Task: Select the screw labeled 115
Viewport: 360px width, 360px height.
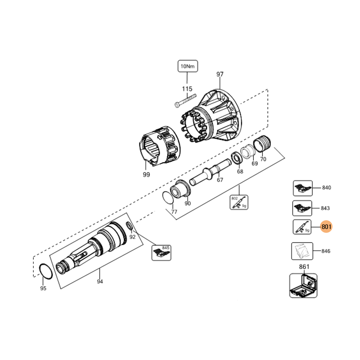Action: [x=185, y=99]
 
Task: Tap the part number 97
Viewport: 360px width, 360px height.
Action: [x=220, y=74]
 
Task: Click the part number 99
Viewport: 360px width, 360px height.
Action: [x=146, y=174]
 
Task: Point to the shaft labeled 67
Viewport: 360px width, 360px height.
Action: [x=211, y=173]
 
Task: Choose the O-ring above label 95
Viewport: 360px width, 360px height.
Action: [x=45, y=271]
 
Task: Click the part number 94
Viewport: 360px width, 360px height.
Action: [x=100, y=282]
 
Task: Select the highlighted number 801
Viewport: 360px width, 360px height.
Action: [x=326, y=227]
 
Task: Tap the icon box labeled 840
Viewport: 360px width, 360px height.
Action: [x=301, y=188]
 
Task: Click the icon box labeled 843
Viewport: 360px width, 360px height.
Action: [x=301, y=208]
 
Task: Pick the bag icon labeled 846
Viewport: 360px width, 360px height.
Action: [x=301, y=251]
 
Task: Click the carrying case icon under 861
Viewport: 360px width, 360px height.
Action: [x=303, y=286]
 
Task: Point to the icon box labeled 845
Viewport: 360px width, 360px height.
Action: [x=161, y=253]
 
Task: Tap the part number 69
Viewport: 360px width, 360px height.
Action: [x=255, y=163]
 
